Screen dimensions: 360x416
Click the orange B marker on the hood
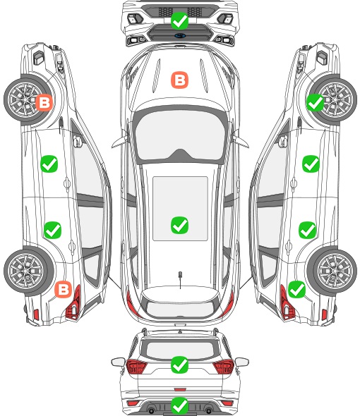coord(179,80)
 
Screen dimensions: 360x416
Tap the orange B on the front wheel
coord(44,102)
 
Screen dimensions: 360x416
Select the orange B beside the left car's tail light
coord(64,289)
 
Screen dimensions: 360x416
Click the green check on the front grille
coord(179,20)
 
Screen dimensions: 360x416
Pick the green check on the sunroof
coord(179,225)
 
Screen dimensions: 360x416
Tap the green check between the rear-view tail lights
coord(179,365)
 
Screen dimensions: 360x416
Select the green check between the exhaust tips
coord(179,405)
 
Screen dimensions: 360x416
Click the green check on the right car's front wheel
coord(315,102)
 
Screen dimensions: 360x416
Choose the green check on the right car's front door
coord(311,164)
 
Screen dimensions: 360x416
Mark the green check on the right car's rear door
coord(307,230)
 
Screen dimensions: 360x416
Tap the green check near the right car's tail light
coord(296,289)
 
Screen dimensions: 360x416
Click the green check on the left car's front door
coord(49,164)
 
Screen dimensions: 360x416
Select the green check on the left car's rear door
coord(53,230)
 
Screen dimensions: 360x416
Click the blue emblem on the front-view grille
coord(180,35)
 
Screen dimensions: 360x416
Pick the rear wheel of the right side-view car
coord(332,271)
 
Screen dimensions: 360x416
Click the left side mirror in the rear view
coord(118,362)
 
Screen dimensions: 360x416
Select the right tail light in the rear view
coord(224,367)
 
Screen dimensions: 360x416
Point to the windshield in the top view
coord(179,135)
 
